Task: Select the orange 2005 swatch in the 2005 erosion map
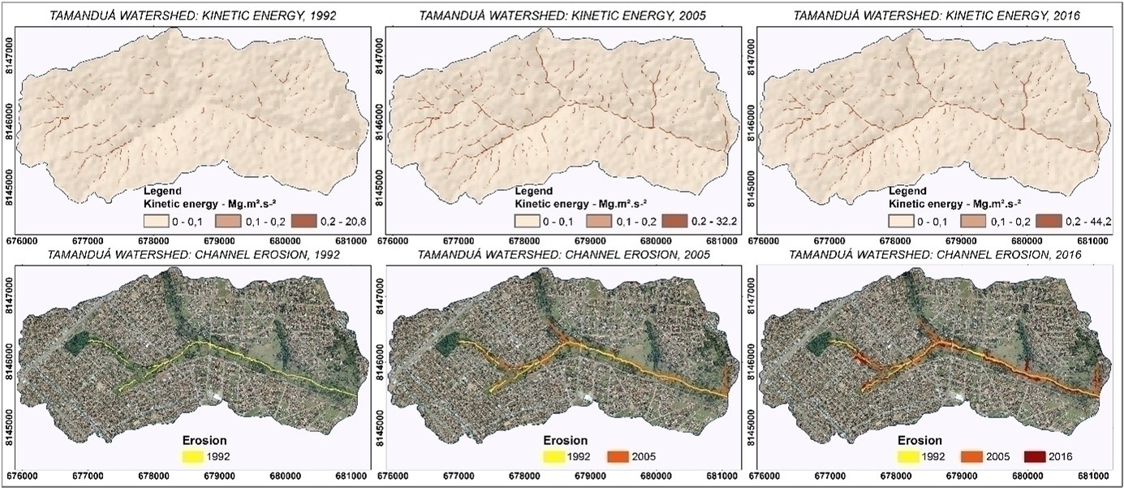pos(622,457)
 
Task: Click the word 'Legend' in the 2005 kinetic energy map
pos(534,191)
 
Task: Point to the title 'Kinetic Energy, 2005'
pos(562,15)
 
